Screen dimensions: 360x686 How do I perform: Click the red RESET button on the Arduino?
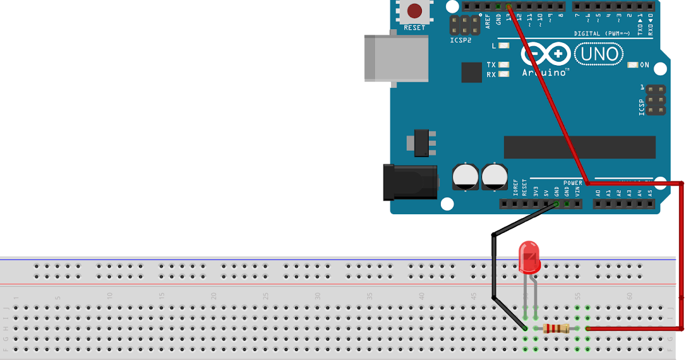pyautogui.click(x=414, y=11)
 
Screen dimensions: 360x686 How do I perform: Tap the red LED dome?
pyautogui.click(x=529, y=257)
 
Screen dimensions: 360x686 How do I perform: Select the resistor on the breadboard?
pyautogui.click(x=556, y=328)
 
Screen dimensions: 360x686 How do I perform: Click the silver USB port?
pyautogui.click(x=396, y=58)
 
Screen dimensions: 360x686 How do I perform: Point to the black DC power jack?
pyautogui.click(x=410, y=182)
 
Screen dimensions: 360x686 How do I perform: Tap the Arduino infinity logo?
pyautogui.click(x=546, y=55)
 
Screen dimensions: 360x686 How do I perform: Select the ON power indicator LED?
pyautogui.click(x=632, y=65)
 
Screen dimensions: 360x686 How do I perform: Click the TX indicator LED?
pyautogui.click(x=504, y=65)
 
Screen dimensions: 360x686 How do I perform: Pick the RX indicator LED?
pyautogui.click(x=504, y=74)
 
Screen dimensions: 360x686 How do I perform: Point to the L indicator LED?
pyautogui.click(x=504, y=46)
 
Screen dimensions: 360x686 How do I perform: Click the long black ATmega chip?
pyautogui.click(x=579, y=147)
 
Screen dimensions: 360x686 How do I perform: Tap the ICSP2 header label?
pyautogui.click(x=461, y=41)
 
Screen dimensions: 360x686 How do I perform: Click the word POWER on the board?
pyautogui.click(x=572, y=183)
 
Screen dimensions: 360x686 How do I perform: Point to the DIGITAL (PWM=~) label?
pyautogui.click(x=602, y=34)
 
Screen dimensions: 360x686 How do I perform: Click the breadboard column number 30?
pyautogui.click(x=318, y=296)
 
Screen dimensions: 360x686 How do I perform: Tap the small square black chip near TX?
pyautogui.click(x=472, y=73)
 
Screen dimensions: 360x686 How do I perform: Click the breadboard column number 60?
pyautogui.click(x=629, y=296)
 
